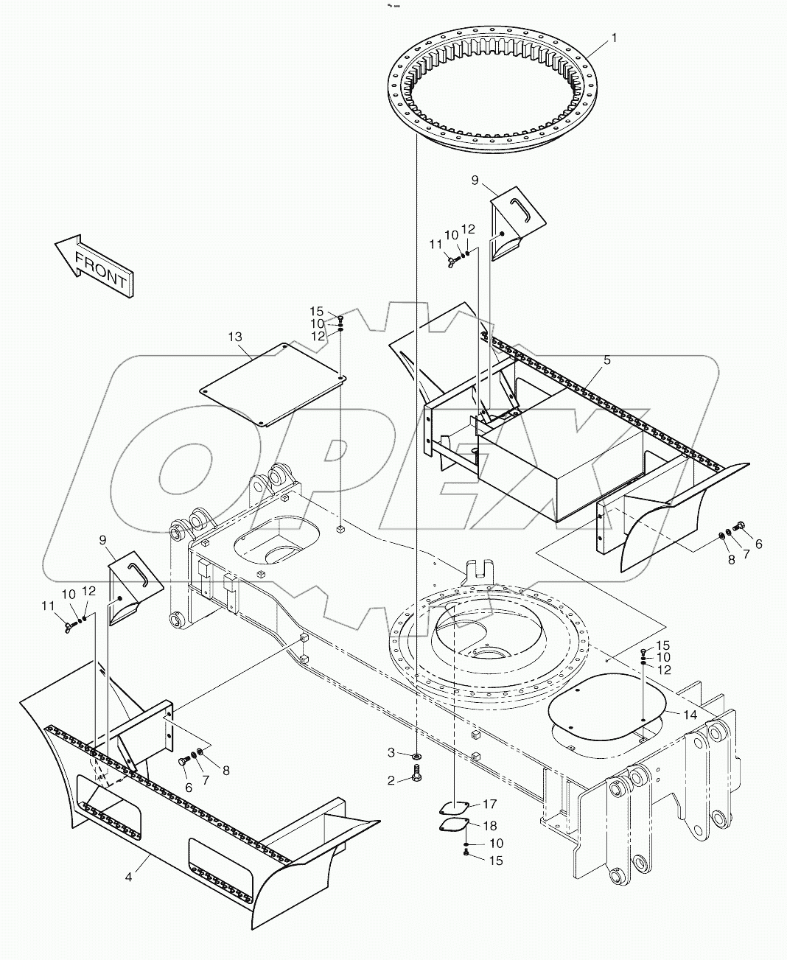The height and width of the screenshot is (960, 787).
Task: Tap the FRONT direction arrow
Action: click(94, 266)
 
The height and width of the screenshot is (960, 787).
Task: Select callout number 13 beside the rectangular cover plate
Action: click(234, 337)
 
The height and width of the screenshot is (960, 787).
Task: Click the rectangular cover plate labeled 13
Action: click(273, 383)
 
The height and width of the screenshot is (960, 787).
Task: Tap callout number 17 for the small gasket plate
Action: click(491, 805)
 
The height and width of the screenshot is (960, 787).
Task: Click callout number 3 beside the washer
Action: click(392, 752)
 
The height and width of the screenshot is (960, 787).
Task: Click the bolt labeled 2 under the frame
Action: click(418, 775)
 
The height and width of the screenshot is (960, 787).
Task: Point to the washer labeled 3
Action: click(418, 756)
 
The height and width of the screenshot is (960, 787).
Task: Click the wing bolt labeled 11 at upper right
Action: click(449, 259)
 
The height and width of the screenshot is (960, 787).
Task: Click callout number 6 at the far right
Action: click(758, 544)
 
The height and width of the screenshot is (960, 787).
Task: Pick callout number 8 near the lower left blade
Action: click(226, 771)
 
